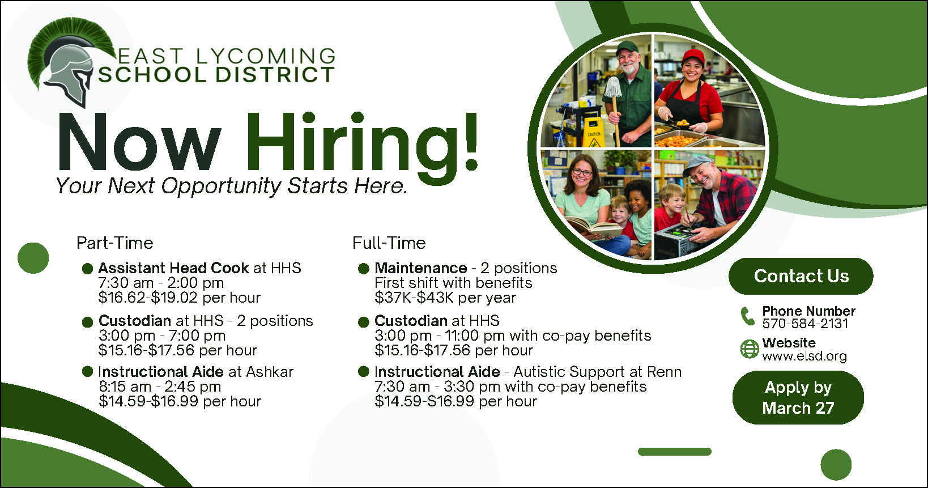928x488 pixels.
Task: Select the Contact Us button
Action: tap(801, 276)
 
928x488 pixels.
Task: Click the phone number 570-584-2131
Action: tap(805, 324)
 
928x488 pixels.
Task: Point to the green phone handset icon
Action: tap(747, 316)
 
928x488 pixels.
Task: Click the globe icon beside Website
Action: tap(750, 349)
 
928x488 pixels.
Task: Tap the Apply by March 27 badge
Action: tap(798, 398)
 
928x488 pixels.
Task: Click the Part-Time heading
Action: tap(115, 243)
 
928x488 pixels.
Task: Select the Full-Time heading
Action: tap(389, 243)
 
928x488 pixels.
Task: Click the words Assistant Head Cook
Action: tap(173, 268)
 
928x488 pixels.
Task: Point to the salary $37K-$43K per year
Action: tap(445, 298)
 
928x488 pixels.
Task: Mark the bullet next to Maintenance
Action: tap(363, 269)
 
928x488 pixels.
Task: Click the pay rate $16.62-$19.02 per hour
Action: tap(180, 298)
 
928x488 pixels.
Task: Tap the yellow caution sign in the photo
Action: tap(593, 132)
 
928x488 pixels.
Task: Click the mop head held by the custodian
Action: tap(612, 87)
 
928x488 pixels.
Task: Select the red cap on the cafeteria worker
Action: tap(693, 56)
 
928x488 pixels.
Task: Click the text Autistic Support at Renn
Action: tap(597, 372)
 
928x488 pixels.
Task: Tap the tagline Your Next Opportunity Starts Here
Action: tap(232, 186)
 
